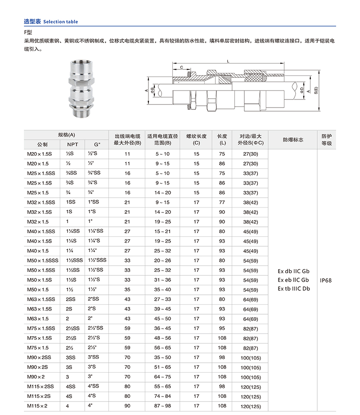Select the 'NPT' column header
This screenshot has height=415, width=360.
click(x=72, y=144)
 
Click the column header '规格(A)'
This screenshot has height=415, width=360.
click(x=66, y=135)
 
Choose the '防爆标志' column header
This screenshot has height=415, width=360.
click(x=293, y=140)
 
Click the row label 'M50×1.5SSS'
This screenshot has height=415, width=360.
click(x=43, y=260)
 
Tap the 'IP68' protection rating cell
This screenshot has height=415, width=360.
click(x=326, y=280)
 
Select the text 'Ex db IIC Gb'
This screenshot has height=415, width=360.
click(x=293, y=271)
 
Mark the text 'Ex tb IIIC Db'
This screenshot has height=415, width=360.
click(x=293, y=289)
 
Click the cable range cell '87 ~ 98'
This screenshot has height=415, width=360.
click(x=162, y=406)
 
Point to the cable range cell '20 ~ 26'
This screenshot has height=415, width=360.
click(x=162, y=260)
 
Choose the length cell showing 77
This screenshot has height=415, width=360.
click(x=222, y=202)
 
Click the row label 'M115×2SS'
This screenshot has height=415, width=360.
click(x=40, y=386)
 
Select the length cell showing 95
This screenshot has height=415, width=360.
click(x=222, y=328)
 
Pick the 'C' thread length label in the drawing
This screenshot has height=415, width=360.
click(x=181, y=67)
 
